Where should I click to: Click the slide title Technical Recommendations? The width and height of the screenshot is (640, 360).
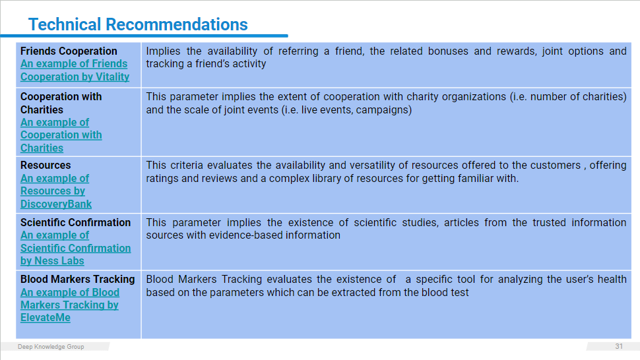point(138,24)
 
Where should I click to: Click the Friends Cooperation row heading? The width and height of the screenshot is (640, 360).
point(69,51)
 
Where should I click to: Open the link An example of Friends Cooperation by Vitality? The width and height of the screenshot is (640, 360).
point(75,70)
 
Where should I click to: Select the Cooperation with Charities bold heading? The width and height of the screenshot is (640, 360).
point(61,103)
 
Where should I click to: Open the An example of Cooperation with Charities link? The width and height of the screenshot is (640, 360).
point(61,135)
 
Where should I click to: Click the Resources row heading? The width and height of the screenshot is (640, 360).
point(46,165)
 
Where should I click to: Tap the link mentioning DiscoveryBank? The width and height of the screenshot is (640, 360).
point(56,191)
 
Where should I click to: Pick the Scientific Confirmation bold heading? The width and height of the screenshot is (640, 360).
point(75,222)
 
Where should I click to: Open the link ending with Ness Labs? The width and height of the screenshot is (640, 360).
point(75,248)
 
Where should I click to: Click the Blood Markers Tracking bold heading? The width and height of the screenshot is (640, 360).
point(78,280)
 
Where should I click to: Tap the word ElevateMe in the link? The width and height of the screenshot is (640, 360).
point(46,318)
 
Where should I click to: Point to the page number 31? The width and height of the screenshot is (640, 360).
point(619,346)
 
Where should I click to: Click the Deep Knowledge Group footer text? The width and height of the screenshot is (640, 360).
point(51,347)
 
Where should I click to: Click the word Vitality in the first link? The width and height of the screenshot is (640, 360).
point(112,76)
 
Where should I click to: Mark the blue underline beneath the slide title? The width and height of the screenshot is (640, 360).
point(144,36)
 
